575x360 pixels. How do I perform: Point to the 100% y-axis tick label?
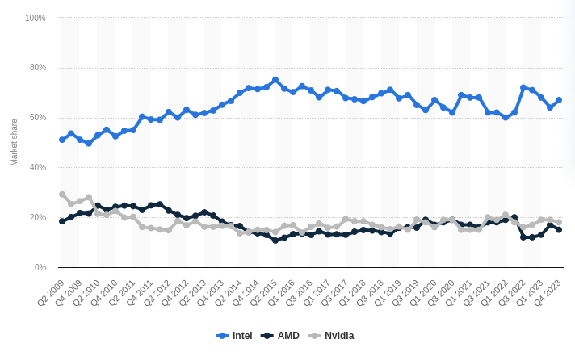[36, 18]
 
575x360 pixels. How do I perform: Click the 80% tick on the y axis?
[38, 68]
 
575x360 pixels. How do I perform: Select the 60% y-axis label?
[38, 118]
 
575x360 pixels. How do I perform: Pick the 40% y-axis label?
[38, 168]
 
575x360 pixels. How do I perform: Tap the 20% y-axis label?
[38, 218]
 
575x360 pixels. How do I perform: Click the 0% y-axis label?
[40, 267]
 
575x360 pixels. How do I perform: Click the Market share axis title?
[14, 142]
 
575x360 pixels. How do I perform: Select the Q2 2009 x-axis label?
[50, 292]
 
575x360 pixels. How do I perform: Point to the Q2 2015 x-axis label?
[263, 292]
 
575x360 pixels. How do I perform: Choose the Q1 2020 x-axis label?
[422, 292]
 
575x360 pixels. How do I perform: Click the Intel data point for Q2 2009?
[62, 140]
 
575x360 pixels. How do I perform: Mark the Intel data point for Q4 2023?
[559, 100]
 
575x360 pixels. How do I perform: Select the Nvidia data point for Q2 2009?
[62, 195]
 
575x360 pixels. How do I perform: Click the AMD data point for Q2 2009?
[62, 221]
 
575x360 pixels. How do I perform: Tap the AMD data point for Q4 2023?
[559, 229]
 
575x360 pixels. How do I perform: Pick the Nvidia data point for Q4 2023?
[559, 222]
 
